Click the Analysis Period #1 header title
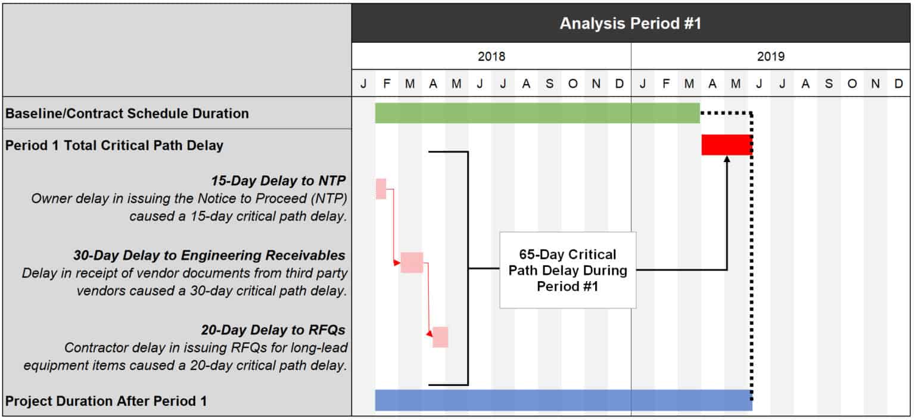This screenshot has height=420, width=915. click(x=630, y=24)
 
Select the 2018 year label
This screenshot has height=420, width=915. click(x=491, y=57)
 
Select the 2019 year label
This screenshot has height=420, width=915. click(x=771, y=57)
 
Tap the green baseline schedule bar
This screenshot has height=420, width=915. click(x=537, y=113)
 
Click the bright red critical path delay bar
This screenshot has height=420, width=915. click(x=727, y=145)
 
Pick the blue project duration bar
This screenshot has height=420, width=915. click(x=563, y=400)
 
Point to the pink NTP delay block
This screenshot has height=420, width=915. click(x=381, y=188)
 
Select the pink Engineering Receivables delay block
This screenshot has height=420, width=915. click(x=412, y=262)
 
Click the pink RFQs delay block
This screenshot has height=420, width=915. click(x=440, y=337)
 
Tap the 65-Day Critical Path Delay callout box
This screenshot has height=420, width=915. click(x=567, y=270)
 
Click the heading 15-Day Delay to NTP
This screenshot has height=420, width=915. click(x=278, y=181)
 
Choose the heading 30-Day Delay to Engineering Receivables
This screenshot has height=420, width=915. click(x=209, y=255)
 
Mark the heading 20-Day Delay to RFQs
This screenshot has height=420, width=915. click(x=273, y=329)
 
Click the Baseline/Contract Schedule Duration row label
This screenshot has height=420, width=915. click(x=127, y=113)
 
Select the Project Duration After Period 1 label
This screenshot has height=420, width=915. click(x=106, y=401)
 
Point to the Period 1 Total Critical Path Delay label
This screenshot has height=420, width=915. click(x=114, y=145)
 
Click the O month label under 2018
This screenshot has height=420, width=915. click(x=572, y=84)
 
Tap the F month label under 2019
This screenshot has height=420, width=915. click(x=665, y=84)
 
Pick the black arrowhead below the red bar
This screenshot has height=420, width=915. click(x=727, y=159)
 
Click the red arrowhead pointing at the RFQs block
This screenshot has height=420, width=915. click(x=430, y=335)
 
